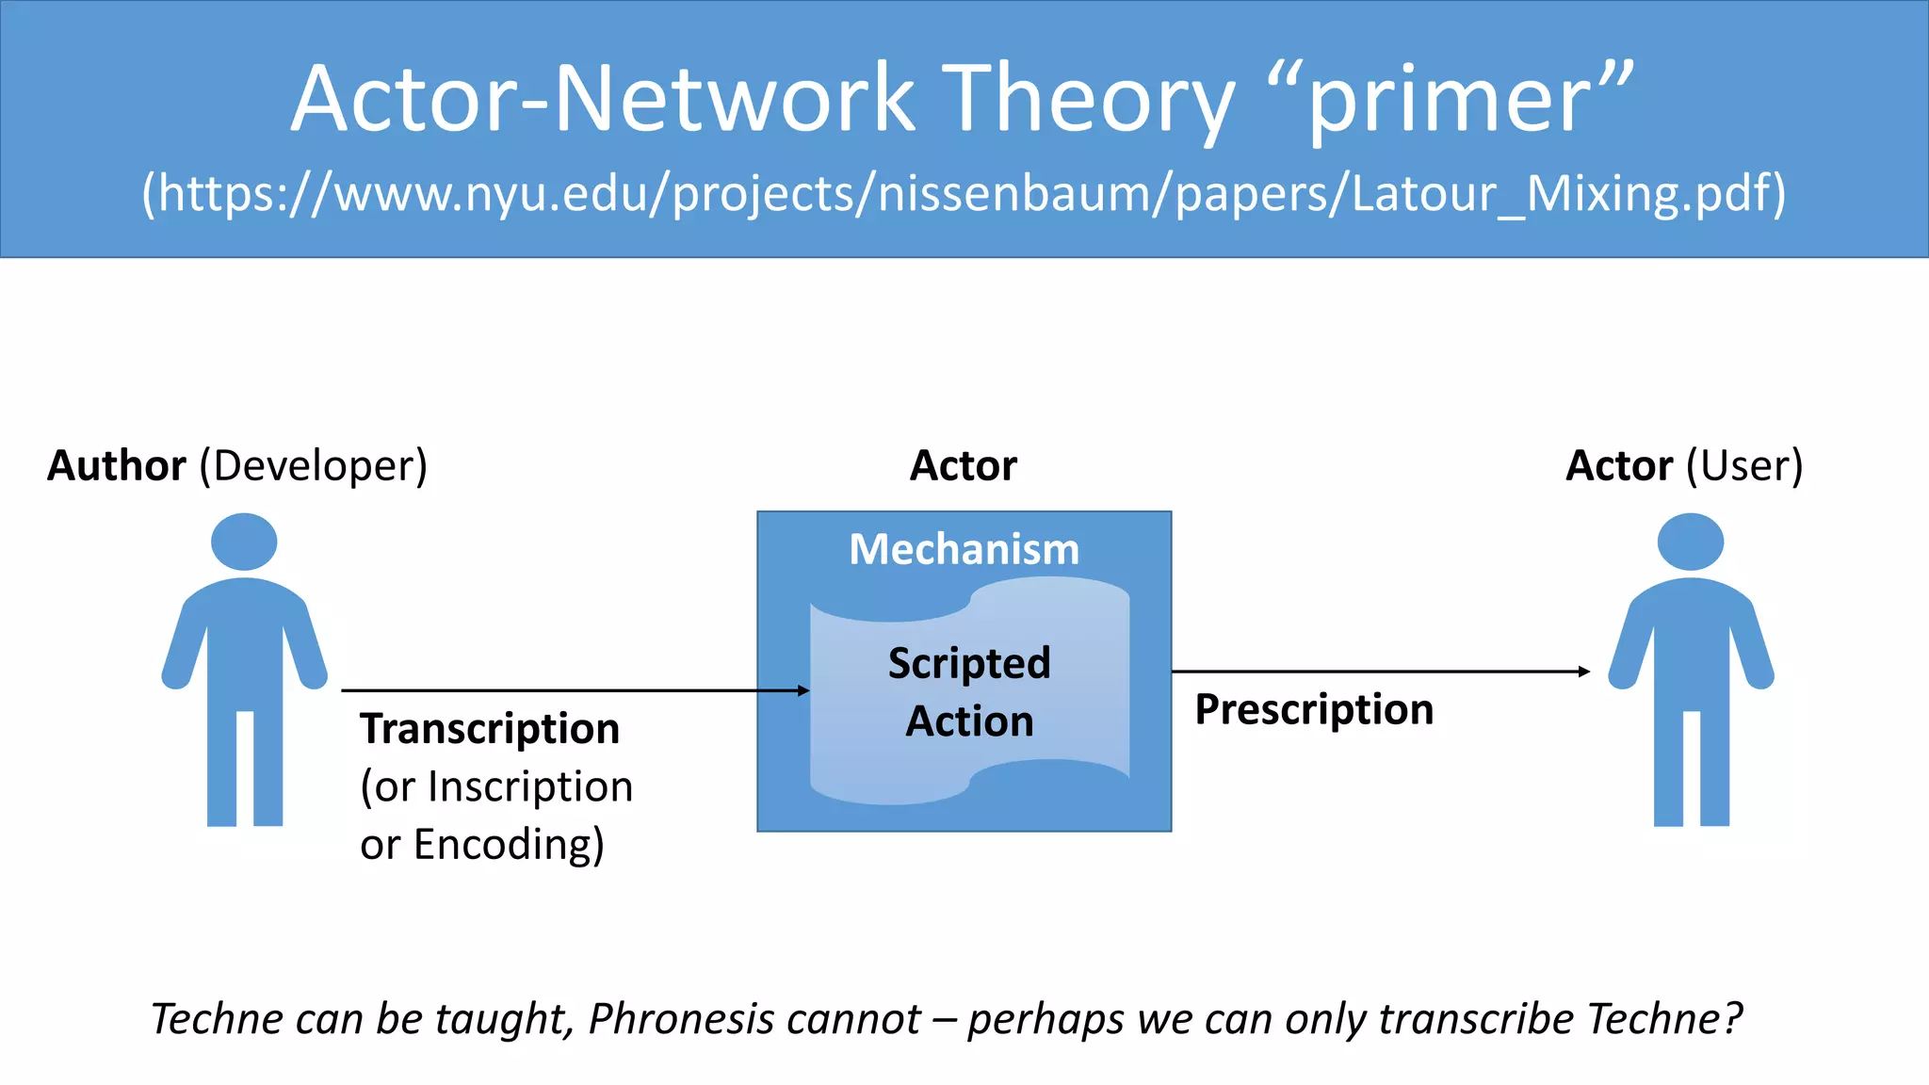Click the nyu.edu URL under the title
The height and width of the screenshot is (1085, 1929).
(964, 193)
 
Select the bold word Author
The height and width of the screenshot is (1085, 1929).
(117, 465)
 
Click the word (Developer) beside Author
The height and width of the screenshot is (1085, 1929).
(313, 465)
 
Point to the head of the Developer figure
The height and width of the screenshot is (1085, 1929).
(244, 542)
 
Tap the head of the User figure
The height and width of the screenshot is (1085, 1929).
(1691, 542)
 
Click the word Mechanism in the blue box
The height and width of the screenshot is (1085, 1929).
(964, 549)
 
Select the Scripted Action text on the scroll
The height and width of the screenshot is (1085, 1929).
(969, 692)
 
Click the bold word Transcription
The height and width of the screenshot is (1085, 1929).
(490, 729)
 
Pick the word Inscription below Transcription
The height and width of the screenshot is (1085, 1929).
(530, 786)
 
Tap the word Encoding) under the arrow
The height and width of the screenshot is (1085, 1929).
(509, 844)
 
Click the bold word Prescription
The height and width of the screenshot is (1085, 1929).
(1314, 709)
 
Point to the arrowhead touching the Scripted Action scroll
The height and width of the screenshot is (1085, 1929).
(803, 690)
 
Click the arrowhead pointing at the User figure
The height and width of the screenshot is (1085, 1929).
(1584, 672)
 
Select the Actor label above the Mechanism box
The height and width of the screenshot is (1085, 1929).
(964, 465)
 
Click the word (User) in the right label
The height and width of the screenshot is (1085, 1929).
(1744, 465)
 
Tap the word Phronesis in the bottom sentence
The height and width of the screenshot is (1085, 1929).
(754, 1019)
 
